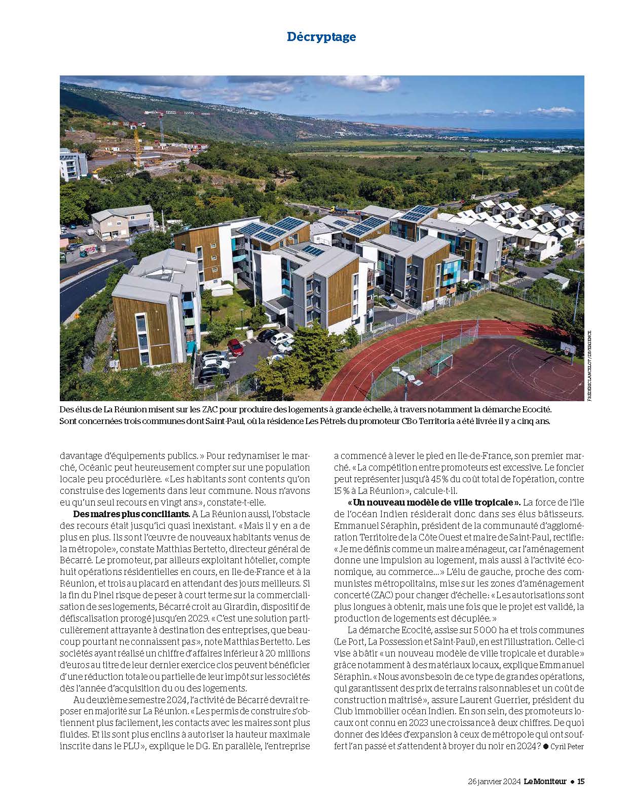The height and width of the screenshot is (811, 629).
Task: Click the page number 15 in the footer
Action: pyautogui.click(x=581, y=781)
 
